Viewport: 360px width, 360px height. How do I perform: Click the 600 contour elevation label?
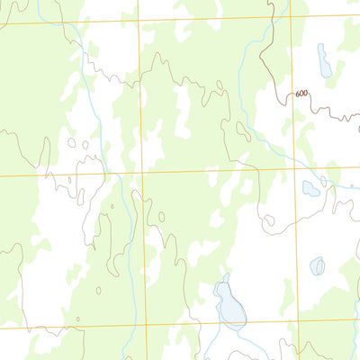point(300,94)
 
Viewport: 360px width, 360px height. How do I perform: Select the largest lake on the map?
point(229,303)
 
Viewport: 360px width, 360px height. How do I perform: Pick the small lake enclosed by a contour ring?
point(317,266)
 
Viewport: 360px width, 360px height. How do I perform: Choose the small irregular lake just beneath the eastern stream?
point(310,188)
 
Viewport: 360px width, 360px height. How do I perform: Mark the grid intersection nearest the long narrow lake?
point(290,16)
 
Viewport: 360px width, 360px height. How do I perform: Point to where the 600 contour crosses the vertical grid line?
point(291,91)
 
